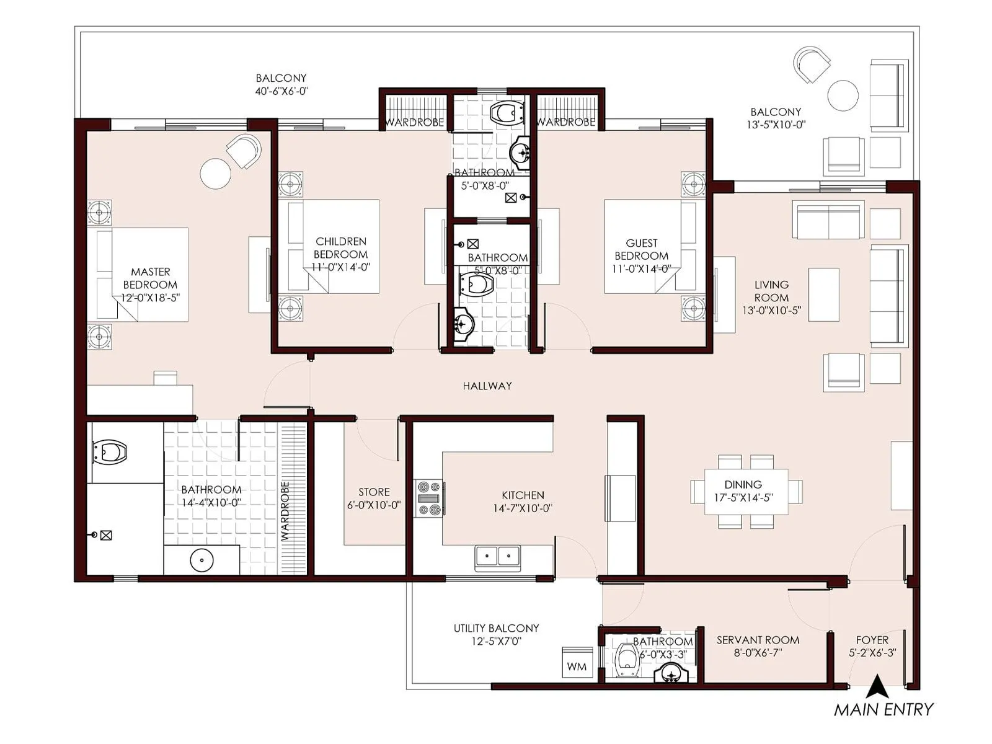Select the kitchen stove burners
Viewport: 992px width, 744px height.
click(428, 498)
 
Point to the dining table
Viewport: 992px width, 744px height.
click(746, 492)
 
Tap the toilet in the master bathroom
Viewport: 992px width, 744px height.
click(109, 452)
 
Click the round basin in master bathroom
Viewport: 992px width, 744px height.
click(201, 560)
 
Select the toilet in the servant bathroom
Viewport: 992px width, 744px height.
click(627, 659)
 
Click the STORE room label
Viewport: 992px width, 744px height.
click(374, 492)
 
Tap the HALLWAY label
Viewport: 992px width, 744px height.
click(487, 386)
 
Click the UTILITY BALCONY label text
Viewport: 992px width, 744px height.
click(496, 628)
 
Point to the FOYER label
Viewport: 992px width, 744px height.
click(872, 640)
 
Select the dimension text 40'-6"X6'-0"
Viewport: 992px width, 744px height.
click(281, 91)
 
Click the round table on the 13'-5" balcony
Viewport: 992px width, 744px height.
click(843, 95)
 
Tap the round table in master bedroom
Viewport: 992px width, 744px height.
click(216, 174)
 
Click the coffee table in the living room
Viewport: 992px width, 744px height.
click(823, 294)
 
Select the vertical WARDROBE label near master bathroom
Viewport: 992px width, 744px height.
click(285, 511)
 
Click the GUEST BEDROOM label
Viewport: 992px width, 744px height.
click(641, 249)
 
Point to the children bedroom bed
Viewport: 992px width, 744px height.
click(335, 246)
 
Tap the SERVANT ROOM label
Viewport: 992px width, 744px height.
click(758, 640)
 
